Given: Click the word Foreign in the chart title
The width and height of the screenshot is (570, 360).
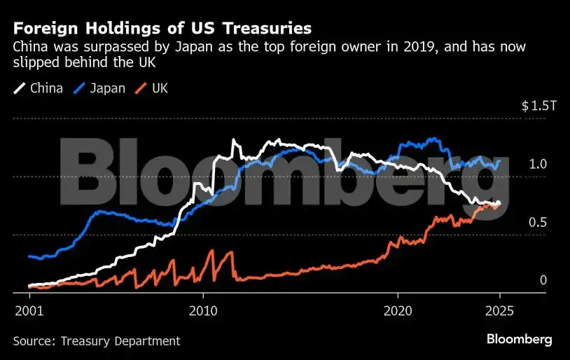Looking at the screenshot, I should coord(43,29).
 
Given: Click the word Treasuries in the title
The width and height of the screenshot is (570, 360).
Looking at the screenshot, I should coord(272,29).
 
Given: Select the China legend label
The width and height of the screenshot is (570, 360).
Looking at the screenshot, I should coord(46,88).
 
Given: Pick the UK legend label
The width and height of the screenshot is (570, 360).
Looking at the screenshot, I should coord(159,88).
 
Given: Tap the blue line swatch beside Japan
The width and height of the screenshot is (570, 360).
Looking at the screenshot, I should coord(78,88).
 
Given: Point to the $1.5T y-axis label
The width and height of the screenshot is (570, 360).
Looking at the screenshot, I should coord(538,106).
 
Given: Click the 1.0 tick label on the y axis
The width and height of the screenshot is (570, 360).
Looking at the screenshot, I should coord(537,165).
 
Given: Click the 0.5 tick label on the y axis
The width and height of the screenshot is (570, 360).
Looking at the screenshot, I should coord(537,223).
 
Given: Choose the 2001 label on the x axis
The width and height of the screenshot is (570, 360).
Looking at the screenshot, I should coord(29,309).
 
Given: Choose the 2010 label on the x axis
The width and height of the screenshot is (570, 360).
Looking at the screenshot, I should coord(204,309).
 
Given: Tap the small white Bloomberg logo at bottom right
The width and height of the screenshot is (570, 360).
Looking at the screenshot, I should coord(519,340).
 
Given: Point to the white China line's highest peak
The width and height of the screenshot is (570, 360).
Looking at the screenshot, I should coord(233,140).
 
